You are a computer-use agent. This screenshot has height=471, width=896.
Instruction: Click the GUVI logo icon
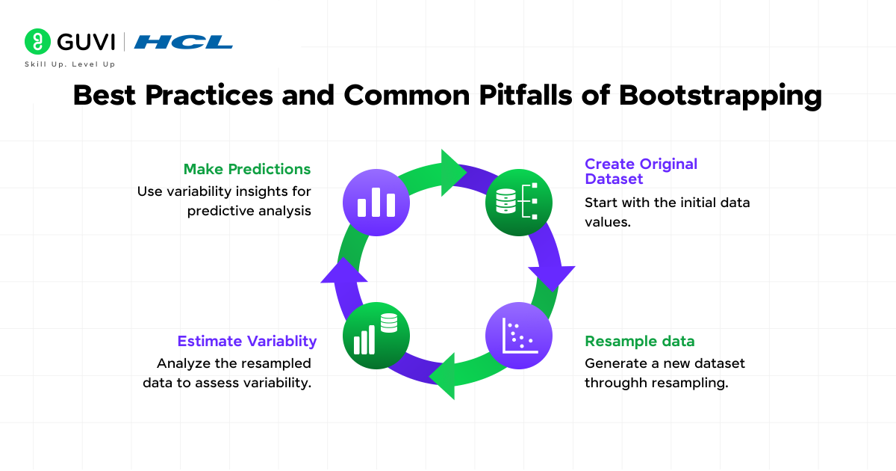(37, 42)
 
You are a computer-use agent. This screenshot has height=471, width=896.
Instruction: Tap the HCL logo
(183, 42)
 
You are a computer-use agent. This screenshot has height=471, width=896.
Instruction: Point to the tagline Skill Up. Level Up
(70, 64)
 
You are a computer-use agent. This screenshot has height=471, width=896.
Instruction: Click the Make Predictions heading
(247, 169)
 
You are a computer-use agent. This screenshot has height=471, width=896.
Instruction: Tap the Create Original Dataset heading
(641, 171)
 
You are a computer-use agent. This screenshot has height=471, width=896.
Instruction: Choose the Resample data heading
(639, 341)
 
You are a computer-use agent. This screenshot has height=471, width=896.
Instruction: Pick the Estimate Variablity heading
(246, 341)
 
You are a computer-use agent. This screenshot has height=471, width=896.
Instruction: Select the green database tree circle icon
(518, 203)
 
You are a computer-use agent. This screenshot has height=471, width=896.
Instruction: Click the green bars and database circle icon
(376, 334)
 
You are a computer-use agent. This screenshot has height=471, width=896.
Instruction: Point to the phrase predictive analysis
(249, 211)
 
